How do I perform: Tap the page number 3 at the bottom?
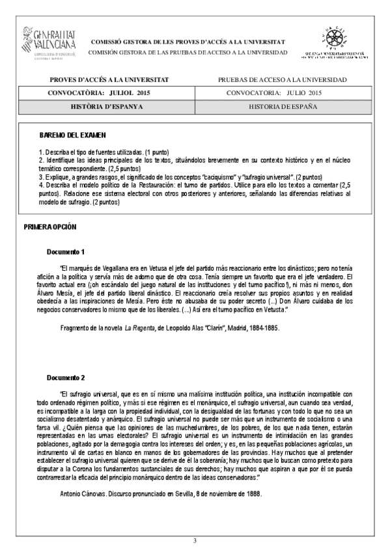(x=195, y=541)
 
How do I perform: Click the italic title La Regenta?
(x=142, y=329)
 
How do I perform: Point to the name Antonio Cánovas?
(x=82, y=494)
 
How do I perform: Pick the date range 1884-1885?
(x=261, y=329)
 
